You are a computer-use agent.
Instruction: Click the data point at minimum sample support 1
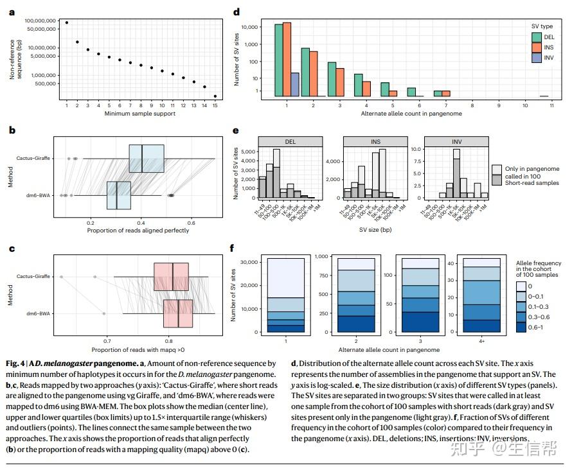(x=67, y=22)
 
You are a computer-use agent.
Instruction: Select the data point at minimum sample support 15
(x=215, y=96)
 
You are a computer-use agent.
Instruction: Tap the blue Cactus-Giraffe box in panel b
(x=147, y=159)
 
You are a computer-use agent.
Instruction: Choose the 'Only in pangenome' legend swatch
(x=497, y=169)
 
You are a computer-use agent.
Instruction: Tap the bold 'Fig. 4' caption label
(x=15, y=363)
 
